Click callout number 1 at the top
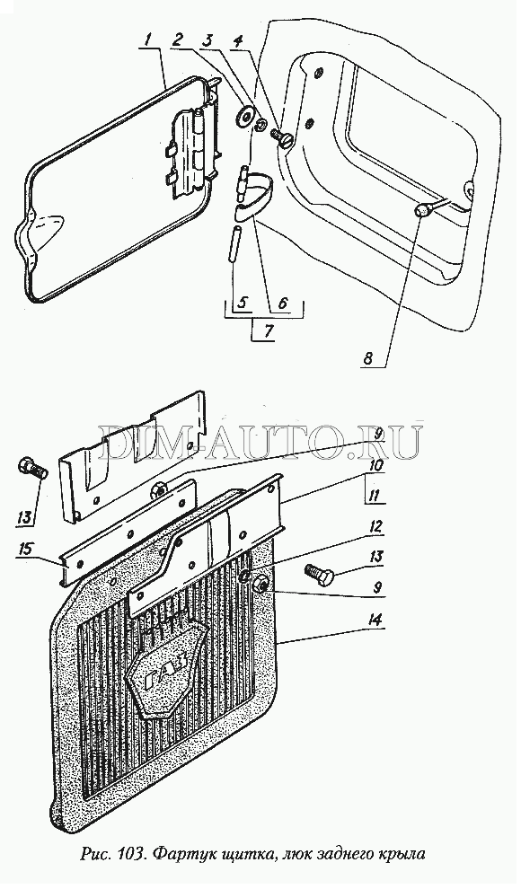point(147,40)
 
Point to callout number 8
point(368,358)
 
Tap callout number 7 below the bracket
point(266,331)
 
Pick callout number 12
point(375,527)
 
